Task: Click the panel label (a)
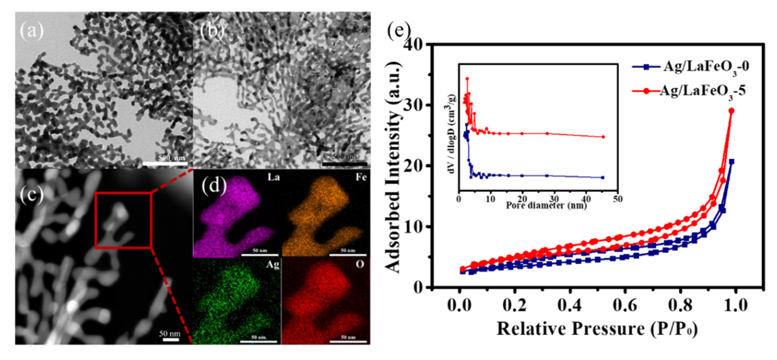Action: tap(32, 31)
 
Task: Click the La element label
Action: tap(274, 177)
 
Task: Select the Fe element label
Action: tap(361, 177)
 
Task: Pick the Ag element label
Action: tap(273, 265)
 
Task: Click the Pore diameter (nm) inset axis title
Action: tap(546, 206)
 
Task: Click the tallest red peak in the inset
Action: tap(467, 79)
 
